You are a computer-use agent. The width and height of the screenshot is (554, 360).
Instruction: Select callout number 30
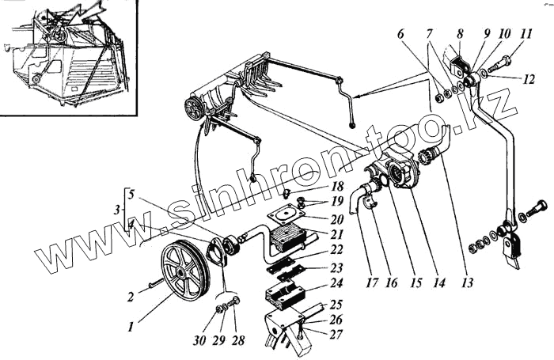pos(199,341)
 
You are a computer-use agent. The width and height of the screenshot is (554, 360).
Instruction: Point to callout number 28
pos(237,341)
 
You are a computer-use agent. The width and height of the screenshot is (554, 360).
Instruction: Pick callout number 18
pos(336,186)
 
